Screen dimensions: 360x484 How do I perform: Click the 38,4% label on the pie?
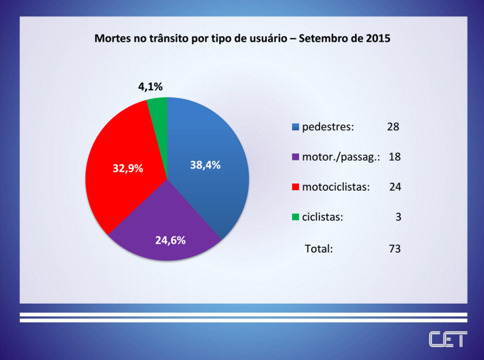[x=204, y=164]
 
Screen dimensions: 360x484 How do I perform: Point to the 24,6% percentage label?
[x=170, y=240]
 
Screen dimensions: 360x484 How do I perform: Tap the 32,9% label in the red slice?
[x=128, y=168]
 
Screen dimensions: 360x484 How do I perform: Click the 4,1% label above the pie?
[x=150, y=87]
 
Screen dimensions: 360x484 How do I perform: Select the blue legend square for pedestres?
[x=295, y=128]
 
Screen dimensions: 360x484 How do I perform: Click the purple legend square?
[x=295, y=157]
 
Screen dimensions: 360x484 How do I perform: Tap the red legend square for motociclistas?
[x=295, y=187]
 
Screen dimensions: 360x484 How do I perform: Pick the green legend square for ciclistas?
[x=295, y=217]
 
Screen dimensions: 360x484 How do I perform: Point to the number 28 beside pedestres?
[x=393, y=127]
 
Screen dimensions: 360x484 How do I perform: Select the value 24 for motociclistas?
[x=395, y=187]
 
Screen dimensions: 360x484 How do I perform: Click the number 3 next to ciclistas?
[x=399, y=217]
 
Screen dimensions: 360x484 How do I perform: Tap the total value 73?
[x=395, y=248]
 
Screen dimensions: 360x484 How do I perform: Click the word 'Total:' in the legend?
[x=318, y=248]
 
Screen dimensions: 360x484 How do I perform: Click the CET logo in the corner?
[x=447, y=339]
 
